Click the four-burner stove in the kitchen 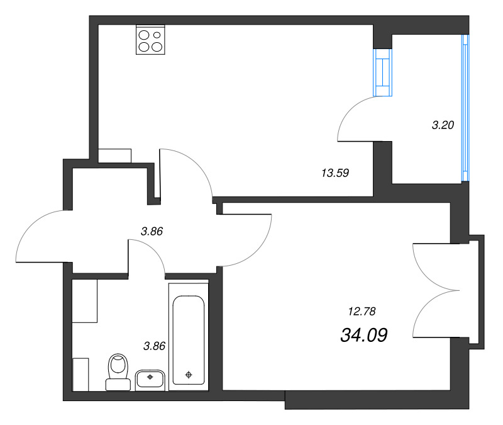(x=150, y=40)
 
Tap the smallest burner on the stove (x=157, y=35)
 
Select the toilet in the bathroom (x=118, y=372)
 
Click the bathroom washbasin (x=150, y=380)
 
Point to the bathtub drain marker (x=189, y=375)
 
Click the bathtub (x=189, y=337)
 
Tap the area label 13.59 (x=335, y=173)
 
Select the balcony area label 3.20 (x=443, y=125)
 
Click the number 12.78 (x=362, y=311)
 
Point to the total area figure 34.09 (x=364, y=335)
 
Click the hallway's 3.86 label (x=152, y=231)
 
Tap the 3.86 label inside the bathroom (x=154, y=346)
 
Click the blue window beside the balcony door (x=383, y=72)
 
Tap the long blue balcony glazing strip (x=465, y=108)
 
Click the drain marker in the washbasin (x=150, y=377)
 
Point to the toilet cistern (x=118, y=385)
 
